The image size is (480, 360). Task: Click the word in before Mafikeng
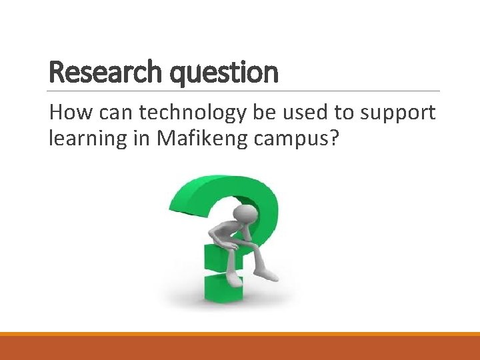point(142,139)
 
